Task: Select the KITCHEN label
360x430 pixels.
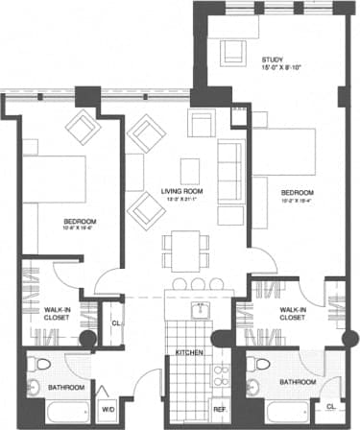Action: coord(188,353)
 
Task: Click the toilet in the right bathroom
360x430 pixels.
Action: coord(255,366)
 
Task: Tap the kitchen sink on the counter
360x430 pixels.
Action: coord(201,309)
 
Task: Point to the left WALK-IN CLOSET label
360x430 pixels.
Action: coord(61,313)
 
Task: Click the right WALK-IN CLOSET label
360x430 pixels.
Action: coord(291,313)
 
